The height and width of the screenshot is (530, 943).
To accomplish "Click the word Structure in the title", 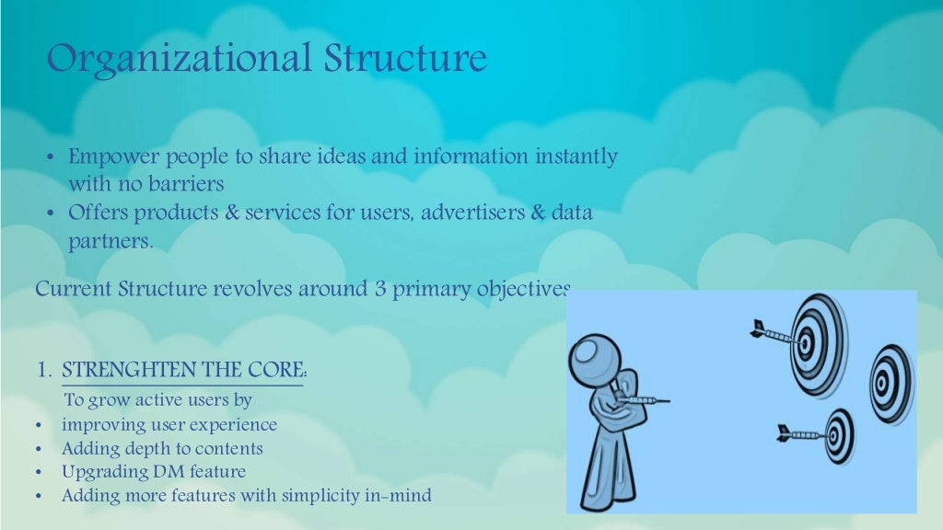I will [404, 60].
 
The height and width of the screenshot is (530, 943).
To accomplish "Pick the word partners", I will [108, 242].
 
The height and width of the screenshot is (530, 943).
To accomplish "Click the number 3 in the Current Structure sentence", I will [378, 289].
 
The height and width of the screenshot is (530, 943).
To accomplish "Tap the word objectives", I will [523, 289].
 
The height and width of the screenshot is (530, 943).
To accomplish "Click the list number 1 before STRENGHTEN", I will [43, 371].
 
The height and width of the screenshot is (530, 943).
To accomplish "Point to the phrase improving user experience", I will [169, 425].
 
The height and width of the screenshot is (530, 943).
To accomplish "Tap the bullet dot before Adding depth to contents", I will [39, 450].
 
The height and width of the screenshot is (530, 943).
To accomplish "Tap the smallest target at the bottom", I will [838, 434].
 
